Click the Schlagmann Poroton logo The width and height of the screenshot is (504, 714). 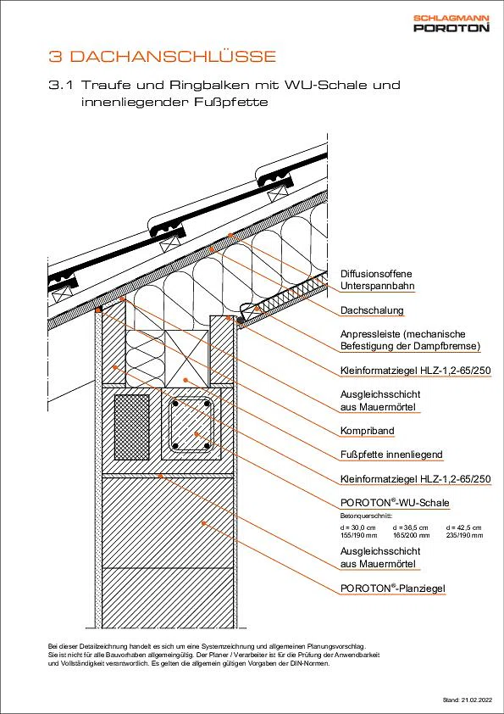pyautogui.click(x=451, y=24)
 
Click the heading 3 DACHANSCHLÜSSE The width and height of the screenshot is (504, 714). pyautogui.click(x=163, y=57)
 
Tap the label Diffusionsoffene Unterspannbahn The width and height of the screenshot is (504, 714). pyautogui.click(x=377, y=280)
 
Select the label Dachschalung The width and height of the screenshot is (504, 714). pyautogui.click(x=372, y=310)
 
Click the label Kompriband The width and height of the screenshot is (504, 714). pyautogui.click(x=368, y=431)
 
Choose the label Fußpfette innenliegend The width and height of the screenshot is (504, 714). pyautogui.click(x=391, y=455)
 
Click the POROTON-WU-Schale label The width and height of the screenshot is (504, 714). pyautogui.click(x=395, y=503)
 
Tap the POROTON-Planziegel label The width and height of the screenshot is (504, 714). pyautogui.click(x=392, y=588)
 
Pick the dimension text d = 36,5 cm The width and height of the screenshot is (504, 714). pyautogui.click(x=411, y=527)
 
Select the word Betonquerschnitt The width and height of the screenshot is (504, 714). pyautogui.click(x=366, y=516)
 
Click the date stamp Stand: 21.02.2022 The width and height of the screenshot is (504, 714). pyautogui.click(x=468, y=699)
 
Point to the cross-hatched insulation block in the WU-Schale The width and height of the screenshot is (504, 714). pyautogui.click(x=132, y=427)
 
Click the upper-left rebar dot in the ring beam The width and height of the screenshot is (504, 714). pyautogui.click(x=175, y=404)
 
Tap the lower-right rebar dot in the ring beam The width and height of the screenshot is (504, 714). pyautogui.click(x=207, y=446)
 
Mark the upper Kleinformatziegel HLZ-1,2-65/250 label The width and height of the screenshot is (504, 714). pyautogui.click(x=415, y=371)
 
